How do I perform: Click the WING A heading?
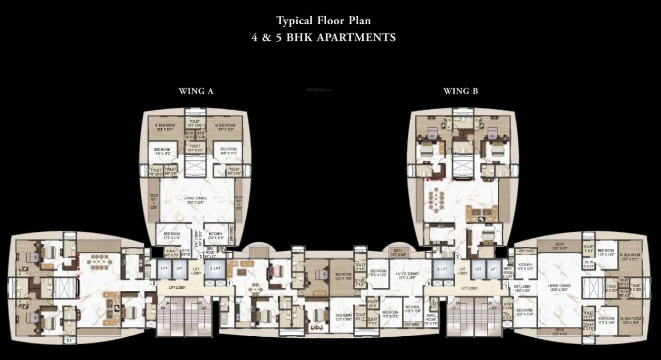[196, 91]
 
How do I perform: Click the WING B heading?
[460, 91]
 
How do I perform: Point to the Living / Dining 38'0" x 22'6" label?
[194, 200]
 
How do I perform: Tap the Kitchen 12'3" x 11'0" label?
[215, 236]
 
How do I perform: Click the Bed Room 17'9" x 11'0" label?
[171, 236]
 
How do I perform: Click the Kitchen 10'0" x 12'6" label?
[412, 309]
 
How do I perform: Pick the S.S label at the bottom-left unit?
[69, 341]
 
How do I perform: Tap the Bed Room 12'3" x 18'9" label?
[343, 276]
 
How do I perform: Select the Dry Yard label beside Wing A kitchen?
[232, 235]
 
